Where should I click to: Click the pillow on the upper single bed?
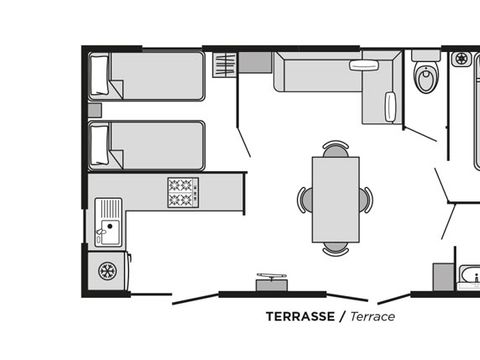(100, 76)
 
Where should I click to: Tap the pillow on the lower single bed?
(100, 145)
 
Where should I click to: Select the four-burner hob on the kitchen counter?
(183, 192)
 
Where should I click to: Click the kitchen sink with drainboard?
(108, 222)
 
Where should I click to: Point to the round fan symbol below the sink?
(106, 270)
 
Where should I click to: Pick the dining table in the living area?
(334, 199)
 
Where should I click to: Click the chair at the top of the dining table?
(335, 148)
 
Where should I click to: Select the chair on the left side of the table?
(303, 200)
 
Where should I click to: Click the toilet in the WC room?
(427, 76)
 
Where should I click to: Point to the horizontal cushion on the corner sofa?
(362, 65)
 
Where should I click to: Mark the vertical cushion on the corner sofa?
(390, 105)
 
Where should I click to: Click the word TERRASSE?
(300, 316)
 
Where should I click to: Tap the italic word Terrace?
(372, 316)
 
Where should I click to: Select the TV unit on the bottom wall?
(271, 283)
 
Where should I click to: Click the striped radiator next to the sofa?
(225, 65)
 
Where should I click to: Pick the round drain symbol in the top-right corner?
(462, 59)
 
